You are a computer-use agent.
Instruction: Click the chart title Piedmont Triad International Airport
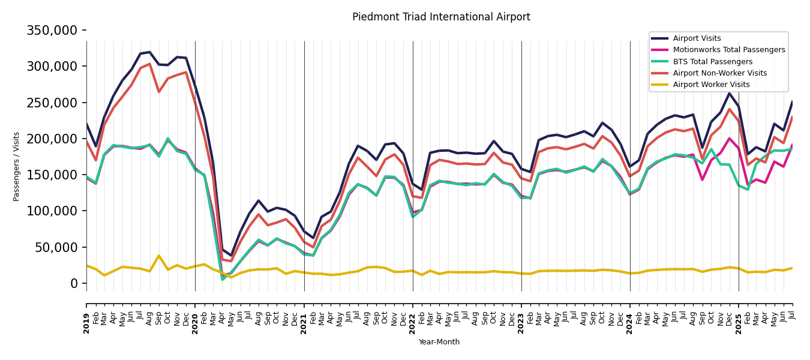click(441, 17)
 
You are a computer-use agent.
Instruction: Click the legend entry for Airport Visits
click(697, 38)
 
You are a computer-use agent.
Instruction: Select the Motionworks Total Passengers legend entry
click(728, 50)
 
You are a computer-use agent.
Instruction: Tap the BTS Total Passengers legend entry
click(712, 62)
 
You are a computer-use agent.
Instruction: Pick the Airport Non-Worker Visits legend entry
click(719, 73)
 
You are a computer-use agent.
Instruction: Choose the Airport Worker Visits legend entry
click(711, 85)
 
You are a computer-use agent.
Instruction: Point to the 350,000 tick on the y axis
click(52, 30)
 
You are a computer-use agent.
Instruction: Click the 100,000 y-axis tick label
click(52, 211)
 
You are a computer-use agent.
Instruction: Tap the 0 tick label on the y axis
click(74, 283)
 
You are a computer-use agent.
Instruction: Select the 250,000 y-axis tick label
click(52, 103)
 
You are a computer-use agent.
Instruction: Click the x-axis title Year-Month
click(439, 342)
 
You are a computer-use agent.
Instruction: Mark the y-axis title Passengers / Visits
click(17, 166)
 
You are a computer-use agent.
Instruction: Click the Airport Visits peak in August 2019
click(150, 52)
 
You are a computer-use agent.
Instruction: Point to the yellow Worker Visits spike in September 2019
click(159, 256)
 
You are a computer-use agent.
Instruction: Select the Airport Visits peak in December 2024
click(730, 93)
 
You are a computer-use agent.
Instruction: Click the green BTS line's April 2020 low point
click(223, 279)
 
